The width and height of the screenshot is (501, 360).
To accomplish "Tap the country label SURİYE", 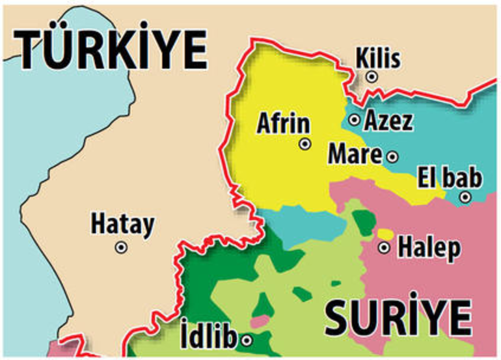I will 398,318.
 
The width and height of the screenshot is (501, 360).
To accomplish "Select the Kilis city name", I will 378,59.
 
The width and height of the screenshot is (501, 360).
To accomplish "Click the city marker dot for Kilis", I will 372,77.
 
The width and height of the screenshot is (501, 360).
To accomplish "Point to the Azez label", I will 388,120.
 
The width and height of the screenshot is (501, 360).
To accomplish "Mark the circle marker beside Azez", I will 355,120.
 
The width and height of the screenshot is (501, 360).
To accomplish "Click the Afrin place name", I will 283,124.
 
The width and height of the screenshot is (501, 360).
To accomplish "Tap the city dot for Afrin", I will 305,145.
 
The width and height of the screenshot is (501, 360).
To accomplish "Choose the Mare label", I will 355,155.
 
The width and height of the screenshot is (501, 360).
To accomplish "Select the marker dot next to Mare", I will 392,156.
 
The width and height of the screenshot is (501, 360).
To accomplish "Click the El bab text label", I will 450,177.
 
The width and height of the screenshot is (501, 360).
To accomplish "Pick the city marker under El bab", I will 465,197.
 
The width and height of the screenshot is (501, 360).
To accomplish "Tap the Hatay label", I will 122,225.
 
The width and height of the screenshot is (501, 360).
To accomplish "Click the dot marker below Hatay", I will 121,247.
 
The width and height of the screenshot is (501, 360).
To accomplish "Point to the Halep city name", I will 429,247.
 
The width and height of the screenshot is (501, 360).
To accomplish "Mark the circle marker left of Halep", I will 385,247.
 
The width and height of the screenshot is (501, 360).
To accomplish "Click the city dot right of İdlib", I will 247,339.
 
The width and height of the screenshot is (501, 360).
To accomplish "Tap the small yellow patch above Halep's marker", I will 385,234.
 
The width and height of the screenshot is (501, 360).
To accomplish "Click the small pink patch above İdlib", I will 260,321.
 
